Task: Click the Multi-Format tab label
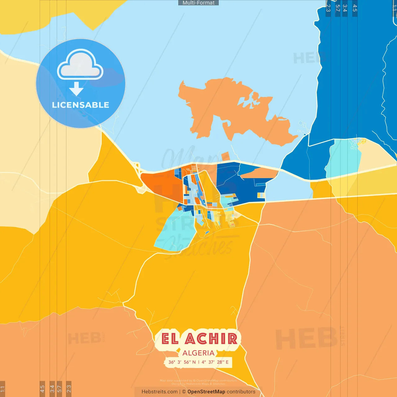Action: click(198, 3)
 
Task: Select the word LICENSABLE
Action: click(80, 105)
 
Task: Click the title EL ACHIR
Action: click(199, 339)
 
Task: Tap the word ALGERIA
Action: click(198, 353)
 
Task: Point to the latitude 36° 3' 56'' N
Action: click(182, 362)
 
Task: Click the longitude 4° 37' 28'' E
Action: click(215, 362)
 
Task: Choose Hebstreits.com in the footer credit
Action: click(159, 392)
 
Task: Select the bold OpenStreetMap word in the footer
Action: click(206, 392)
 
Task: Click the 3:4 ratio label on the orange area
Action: click(52, 388)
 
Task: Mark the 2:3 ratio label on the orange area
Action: click(69, 388)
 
